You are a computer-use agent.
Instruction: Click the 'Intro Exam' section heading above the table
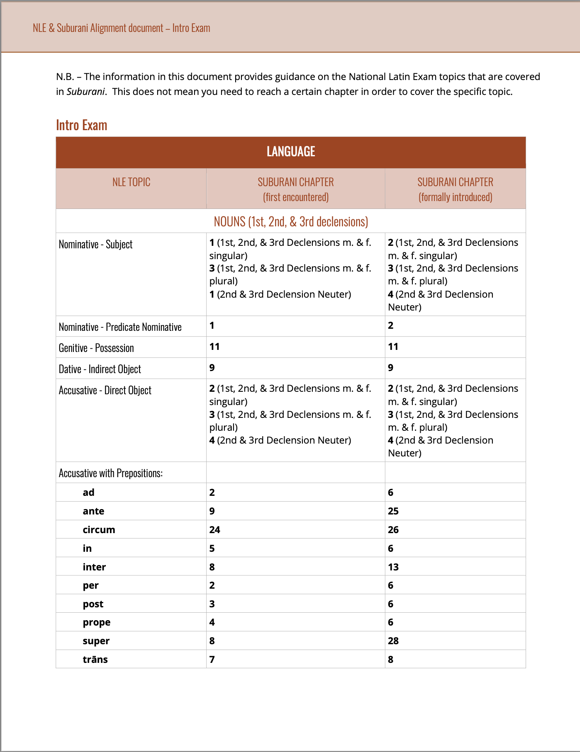tap(82, 125)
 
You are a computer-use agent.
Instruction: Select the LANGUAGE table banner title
tap(291, 152)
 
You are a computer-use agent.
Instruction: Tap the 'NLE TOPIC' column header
tap(131, 182)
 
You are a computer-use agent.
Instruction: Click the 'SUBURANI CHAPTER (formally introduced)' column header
tap(455, 189)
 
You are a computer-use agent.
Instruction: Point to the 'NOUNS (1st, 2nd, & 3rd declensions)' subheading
tap(291, 222)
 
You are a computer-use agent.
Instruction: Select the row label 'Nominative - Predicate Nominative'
tap(120, 327)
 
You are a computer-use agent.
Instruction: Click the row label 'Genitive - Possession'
tap(96, 348)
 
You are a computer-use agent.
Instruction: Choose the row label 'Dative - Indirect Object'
tap(100, 369)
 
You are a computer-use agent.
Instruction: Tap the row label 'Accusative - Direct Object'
tap(105, 390)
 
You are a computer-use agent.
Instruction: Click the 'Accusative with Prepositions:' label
tap(110, 473)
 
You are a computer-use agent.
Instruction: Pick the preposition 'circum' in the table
tap(99, 530)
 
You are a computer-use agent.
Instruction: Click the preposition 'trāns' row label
tap(95, 660)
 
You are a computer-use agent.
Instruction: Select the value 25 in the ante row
tap(393, 511)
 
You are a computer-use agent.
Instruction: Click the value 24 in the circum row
tap(214, 530)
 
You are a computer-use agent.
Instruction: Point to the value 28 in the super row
tap(393, 641)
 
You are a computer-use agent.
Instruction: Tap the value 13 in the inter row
tap(393, 567)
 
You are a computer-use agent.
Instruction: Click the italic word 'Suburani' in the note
tap(85, 92)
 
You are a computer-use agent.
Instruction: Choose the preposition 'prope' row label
tap(96, 622)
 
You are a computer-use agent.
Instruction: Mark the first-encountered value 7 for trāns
tap(212, 660)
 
